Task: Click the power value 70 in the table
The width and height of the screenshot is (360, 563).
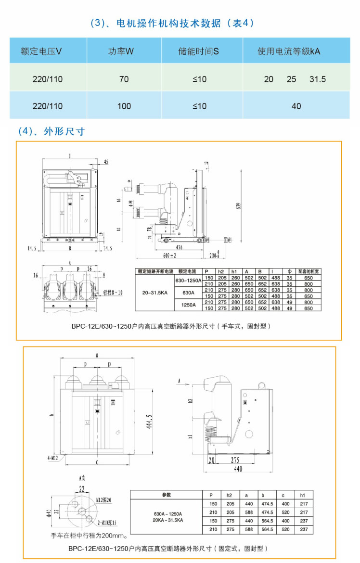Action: (x=124, y=79)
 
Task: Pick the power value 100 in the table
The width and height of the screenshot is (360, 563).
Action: (x=124, y=106)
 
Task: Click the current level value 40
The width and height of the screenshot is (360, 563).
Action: (x=296, y=106)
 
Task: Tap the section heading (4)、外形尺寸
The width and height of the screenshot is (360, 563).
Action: (x=51, y=131)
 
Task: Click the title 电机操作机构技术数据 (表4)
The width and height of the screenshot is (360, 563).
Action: (x=172, y=23)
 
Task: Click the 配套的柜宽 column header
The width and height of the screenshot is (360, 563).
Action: (x=309, y=271)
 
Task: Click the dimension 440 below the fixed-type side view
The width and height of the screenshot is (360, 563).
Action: (x=238, y=469)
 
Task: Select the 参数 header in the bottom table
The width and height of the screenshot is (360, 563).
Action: (x=166, y=495)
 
